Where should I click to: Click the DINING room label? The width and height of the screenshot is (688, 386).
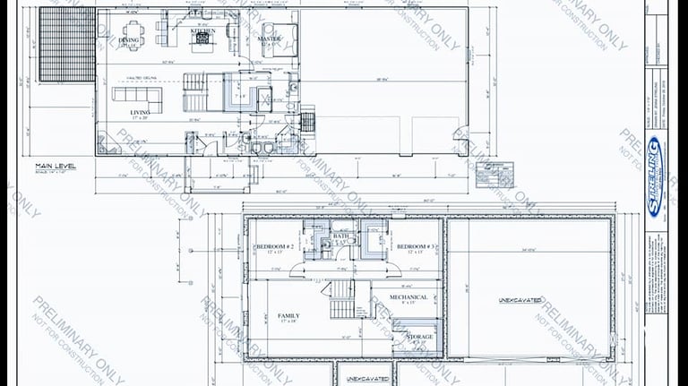[x=131, y=39]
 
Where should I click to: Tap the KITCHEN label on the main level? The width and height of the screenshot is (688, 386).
[x=203, y=30]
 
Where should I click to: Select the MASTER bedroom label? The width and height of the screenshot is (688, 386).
[x=269, y=39]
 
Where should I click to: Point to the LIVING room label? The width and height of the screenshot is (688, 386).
[x=140, y=113]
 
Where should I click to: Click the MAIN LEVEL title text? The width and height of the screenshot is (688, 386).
[x=56, y=166]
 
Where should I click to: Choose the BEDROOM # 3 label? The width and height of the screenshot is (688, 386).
[x=415, y=246]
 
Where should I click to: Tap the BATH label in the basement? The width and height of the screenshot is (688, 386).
[x=341, y=237]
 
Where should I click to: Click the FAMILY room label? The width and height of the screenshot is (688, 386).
[x=288, y=316]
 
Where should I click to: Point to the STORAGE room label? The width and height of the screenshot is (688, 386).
[x=420, y=337]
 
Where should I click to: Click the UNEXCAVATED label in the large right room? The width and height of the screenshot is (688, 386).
[x=520, y=301]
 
